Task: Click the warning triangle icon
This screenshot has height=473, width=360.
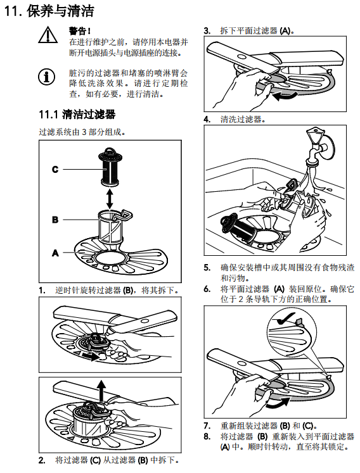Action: (x=48, y=35)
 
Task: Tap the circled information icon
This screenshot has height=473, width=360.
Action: (x=46, y=77)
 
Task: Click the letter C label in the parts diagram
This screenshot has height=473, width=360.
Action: (x=55, y=169)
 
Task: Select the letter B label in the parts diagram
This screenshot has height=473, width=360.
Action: (x=55, y=220)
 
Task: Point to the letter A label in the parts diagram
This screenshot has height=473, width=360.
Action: (x=55, y=253)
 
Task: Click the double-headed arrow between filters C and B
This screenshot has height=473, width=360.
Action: (x=110, y=198)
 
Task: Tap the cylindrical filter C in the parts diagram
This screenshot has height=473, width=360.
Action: (x=110, y=167)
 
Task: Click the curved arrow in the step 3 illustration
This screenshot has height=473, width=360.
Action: (x=285, y=96)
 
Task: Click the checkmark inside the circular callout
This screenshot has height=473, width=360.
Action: (x=286, y=319)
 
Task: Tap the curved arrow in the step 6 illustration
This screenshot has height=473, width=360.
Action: (x=278, y=403)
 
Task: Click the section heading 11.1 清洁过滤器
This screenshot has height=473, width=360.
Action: (x=77, y=115)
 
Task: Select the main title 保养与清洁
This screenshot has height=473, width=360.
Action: (x=60, y=11)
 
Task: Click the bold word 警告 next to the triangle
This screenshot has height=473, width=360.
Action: (x=78, y=31)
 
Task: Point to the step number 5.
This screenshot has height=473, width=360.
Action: (x=207, y=268)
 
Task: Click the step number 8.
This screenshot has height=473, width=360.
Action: (x=207, y=436)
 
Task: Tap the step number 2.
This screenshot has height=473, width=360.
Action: (x=42, y=460)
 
